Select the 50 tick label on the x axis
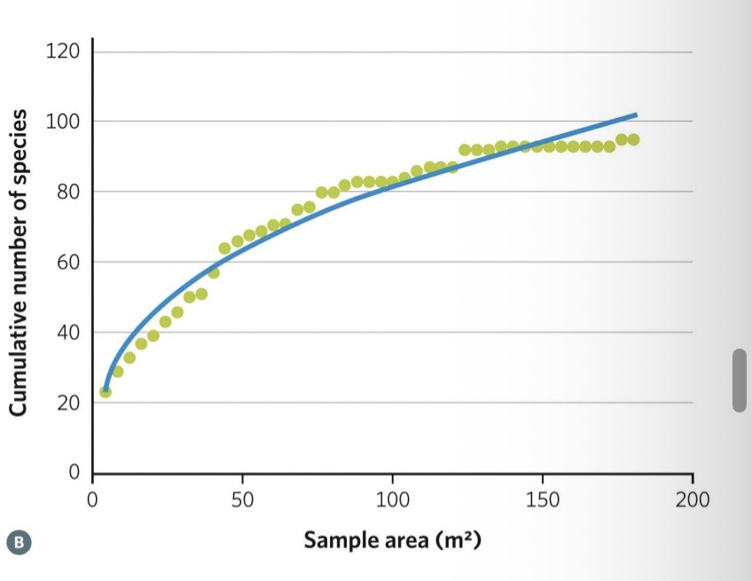pyautogui.click(x=242, y=499)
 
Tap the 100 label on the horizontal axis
pyautogui.click(x=392, y=499)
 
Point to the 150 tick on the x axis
pyautogui.click(x=542, y=499)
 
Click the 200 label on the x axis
pyautogui.click(x=692, y=499)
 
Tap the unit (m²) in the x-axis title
pyautogui.click(x=458, y=538)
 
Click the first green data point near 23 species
pyautogui.click(x=106, y=391)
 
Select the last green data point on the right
pyautogui.click(x=633, y=139)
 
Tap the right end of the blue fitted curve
pyautogui.click(x=636, y=114)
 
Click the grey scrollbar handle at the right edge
pyautogui.click(x=740, y=380)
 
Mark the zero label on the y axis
pyautogui.click(x=75, y=473)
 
